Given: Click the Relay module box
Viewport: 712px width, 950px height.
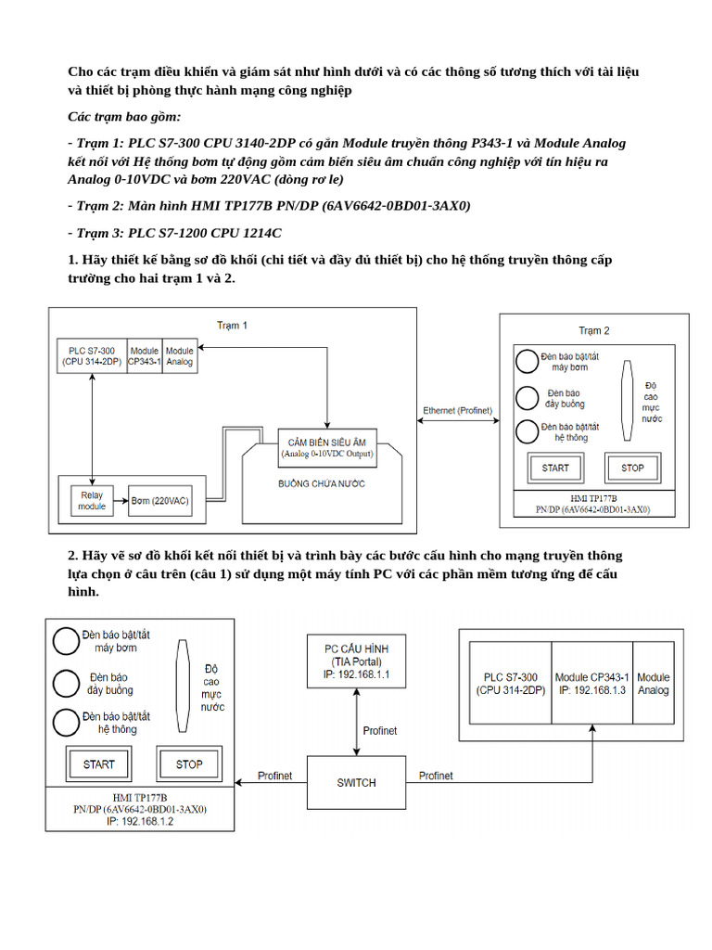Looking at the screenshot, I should tap(91, 500).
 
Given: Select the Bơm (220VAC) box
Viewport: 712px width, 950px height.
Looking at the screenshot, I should tap(159, 501).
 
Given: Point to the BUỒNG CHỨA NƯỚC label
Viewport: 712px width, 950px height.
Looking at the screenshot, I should tap(321, 484).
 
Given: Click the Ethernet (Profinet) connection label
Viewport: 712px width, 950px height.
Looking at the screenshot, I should tap(457, 410).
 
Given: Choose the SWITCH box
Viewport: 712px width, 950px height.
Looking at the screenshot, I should tap(356, 782).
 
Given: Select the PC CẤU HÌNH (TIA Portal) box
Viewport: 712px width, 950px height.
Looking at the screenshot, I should tap(356, 661).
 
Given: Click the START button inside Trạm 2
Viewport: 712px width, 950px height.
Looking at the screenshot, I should tap(554, 468).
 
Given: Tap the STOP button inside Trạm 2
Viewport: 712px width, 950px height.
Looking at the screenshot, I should tap(632, 468).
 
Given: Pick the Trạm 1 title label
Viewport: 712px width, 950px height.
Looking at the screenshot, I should tap(232, 326).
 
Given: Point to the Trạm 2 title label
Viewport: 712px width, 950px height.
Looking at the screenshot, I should tap(593, 330).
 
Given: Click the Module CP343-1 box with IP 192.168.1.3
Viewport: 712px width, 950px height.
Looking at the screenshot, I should tap(591, 684).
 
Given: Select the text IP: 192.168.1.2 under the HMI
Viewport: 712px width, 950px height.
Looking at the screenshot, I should tap(140, 822).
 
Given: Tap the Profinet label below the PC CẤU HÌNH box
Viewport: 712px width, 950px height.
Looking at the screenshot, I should tap(379, 730).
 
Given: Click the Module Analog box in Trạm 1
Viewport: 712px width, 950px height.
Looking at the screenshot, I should tap(179, 357).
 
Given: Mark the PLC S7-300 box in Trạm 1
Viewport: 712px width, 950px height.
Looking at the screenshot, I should tap(91, 357).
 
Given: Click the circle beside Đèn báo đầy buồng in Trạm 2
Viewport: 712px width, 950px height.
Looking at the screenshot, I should tap(527, 398).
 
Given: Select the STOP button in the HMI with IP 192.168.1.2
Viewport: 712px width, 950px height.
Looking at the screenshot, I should tap(189, 764).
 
